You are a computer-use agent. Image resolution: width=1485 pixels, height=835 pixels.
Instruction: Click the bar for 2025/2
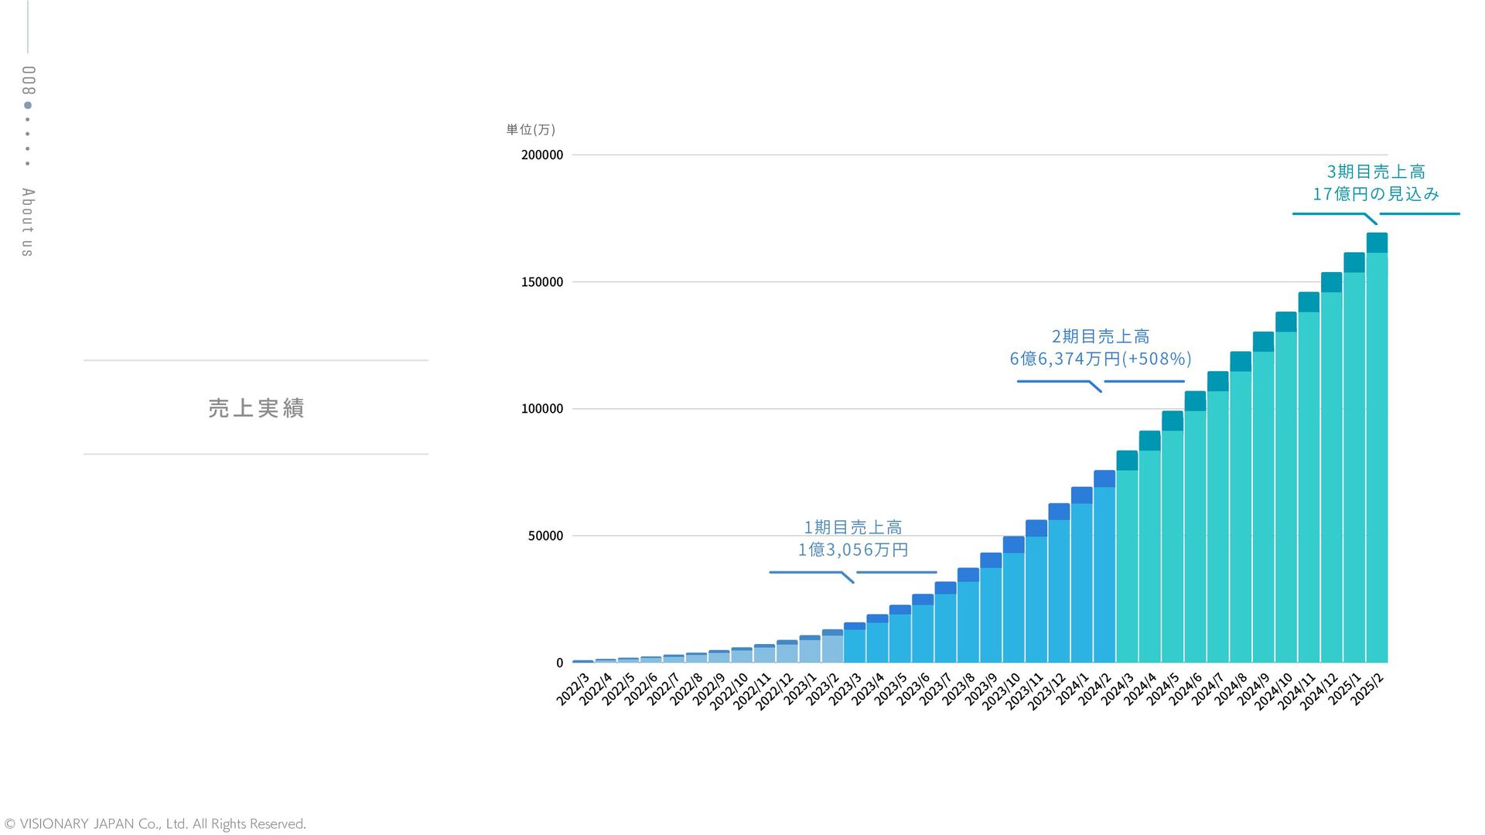[x=1377, y=448]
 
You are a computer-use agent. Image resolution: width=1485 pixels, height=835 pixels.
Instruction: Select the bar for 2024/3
[x=1127, y=557]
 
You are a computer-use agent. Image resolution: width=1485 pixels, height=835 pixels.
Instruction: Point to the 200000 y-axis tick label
[x=541, y=155]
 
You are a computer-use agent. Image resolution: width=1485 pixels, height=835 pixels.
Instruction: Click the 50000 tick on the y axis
[x=545, y=536]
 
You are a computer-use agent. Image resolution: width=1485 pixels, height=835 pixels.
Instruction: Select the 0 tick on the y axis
[x=559, y=663]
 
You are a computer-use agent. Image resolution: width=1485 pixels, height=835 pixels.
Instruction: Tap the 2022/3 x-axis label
[x=573, y=689]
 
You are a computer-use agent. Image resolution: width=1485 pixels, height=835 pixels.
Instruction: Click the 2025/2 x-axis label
[x=1367, y=689]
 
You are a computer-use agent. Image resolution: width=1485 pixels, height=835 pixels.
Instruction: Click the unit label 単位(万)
[x=531, y=129]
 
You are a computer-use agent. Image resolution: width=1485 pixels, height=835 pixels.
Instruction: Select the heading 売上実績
[x=256, y=407]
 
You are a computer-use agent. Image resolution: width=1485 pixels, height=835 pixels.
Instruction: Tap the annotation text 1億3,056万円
[x=853, y=550]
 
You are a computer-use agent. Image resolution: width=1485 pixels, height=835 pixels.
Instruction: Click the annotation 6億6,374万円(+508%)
[x=1100, y=359]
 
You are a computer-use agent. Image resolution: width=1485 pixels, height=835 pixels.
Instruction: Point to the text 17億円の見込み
[x=1375, y=194]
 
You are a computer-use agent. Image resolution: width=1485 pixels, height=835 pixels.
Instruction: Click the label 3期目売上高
[x=1376, y=172]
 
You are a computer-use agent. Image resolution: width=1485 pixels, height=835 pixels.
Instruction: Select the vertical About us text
[x=28, y=222]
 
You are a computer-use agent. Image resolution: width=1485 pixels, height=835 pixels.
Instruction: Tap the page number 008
[x=28, y=80]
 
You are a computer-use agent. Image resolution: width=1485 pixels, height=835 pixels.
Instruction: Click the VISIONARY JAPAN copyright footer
[x=155, y=824]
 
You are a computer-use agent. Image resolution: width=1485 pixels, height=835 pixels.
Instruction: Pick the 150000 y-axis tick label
[x=541, y=282]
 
